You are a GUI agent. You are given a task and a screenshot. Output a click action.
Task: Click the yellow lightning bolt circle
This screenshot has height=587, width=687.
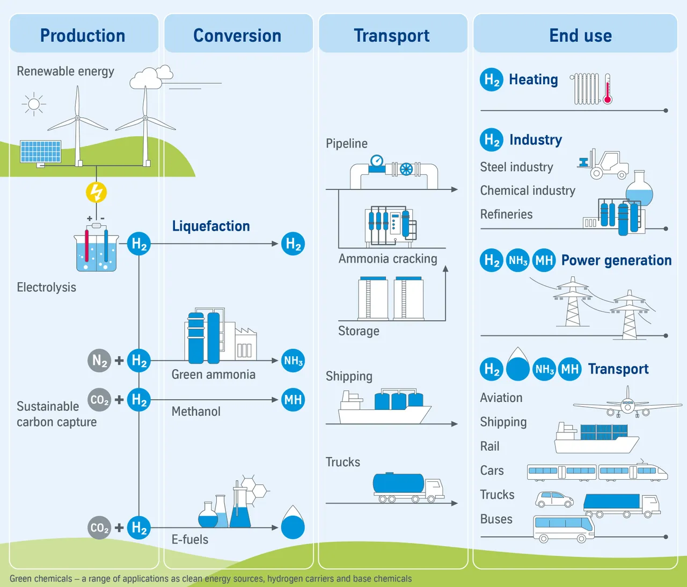97,192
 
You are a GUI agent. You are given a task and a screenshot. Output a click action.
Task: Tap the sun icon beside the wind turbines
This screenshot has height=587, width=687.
34,104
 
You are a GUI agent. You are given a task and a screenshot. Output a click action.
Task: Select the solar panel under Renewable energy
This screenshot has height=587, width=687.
41,151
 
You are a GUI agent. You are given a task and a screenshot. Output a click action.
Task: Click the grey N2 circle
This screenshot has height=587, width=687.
99,361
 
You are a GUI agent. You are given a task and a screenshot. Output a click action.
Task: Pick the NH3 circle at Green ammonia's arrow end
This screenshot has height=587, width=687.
293,361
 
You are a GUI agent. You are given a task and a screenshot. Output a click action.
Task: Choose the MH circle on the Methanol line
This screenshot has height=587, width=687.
293,400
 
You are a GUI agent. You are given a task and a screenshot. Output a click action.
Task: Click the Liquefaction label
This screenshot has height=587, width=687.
211,226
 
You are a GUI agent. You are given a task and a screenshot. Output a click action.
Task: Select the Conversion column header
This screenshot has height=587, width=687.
237,35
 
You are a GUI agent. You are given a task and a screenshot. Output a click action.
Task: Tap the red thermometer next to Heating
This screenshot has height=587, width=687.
608,90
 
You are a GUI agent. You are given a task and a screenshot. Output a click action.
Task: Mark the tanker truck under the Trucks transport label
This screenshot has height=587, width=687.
408,487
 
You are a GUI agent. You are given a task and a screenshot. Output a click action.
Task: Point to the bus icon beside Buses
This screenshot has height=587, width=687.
564,528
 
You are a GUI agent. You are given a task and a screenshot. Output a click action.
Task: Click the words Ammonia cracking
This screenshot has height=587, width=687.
388,259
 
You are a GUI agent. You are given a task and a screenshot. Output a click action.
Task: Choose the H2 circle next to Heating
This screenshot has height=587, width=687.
491,79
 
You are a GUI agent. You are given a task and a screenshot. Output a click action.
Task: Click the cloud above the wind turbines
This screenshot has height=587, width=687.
150,78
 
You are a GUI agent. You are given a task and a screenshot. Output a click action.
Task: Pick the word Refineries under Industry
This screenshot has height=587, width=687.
506,215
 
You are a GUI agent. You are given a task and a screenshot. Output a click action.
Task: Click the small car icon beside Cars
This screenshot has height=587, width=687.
554,500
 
